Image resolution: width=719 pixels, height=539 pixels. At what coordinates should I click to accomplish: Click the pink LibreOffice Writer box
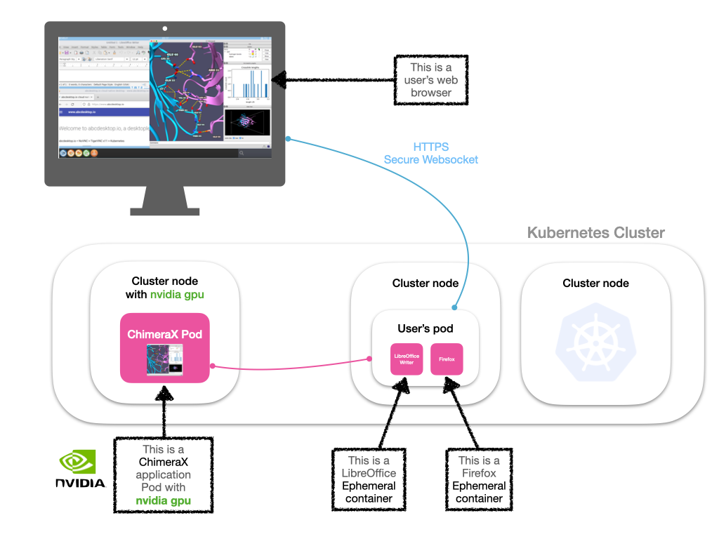[407, 359]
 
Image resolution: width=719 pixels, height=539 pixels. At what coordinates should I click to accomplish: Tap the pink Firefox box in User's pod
[447, 359]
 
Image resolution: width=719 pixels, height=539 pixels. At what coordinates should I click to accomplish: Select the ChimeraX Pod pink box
[165, 347]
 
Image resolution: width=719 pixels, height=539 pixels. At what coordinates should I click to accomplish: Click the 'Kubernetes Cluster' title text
[595, 233]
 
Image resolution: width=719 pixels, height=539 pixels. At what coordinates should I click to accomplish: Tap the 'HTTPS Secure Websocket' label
[431, 154]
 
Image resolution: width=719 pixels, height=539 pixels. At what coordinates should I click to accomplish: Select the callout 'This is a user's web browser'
[431, 80]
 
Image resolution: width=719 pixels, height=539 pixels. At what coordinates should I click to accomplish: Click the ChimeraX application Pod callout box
[164, 475]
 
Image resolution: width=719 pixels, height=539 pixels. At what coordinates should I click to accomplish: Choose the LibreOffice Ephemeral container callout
[369, 479]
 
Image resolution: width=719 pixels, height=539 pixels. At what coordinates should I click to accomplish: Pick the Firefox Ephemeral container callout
[479, 479]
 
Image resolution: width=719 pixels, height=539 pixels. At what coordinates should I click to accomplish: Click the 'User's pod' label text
[426, 328]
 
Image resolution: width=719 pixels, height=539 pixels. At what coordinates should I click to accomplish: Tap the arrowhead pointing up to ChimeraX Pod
[164, 395]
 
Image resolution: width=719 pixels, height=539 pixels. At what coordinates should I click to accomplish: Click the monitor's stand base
[164, 210]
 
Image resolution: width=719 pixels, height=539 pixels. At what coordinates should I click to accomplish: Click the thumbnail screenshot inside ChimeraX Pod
[164, 361]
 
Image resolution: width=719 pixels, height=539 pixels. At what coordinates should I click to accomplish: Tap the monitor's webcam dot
[165, 29]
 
